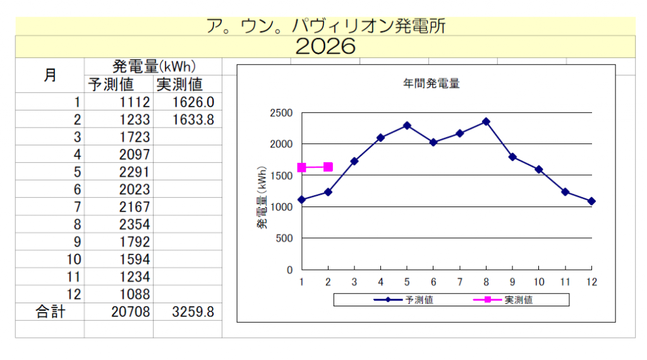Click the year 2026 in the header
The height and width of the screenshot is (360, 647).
pyautogui.click(x=325, y=46)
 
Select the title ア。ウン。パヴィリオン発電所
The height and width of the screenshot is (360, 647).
pyautogui.click(x=325, y=26)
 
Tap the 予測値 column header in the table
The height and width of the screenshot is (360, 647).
pyautogui.click(x=111, y=85)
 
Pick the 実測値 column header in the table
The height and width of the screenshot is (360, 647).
pyautogui.click(x=179, y=85)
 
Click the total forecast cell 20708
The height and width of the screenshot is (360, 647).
pyautogui.click(x=131, y=311)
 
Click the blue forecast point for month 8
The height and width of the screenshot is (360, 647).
pyautogui.click(x=486, y=121)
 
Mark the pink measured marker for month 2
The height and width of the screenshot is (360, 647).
pyautogui.click(x=328, y=167)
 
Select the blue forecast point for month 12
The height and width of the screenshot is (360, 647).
pyautogui.click(x=591, y=201)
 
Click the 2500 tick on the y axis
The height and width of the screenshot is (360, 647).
pyautogui.click(x=281, y=113)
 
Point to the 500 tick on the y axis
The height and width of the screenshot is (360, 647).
pyautogui.click(x=285, y=238)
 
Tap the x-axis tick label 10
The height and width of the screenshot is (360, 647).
pyautogui.click(x=538, y=281)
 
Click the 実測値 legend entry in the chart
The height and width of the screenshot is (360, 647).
pyautogui.click(x=517, y=300)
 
